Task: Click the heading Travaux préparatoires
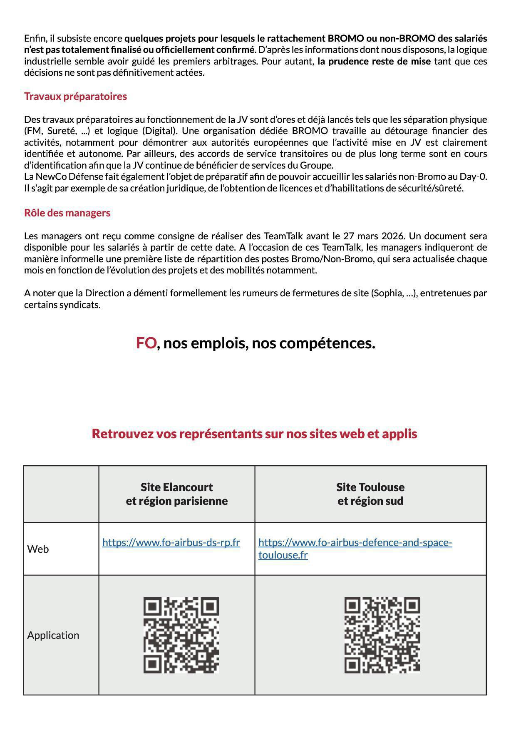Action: coord(75,96)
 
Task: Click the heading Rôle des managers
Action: coord(67,213)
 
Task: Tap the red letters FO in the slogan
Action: coord(146,343)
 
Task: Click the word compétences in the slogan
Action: coord(327,343)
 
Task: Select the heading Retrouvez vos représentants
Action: coord(254,434)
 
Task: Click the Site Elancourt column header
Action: coord(176,494)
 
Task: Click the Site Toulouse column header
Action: coord(370,494)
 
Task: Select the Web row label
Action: coord(38,549)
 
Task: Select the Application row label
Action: coord(53,635)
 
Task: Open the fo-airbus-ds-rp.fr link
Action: coord(171,542)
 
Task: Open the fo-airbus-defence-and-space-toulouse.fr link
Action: coord(355,549)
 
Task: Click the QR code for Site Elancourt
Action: coord(181,635)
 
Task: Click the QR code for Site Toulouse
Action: coord(382,635)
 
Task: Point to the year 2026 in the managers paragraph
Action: coord(393,236)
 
